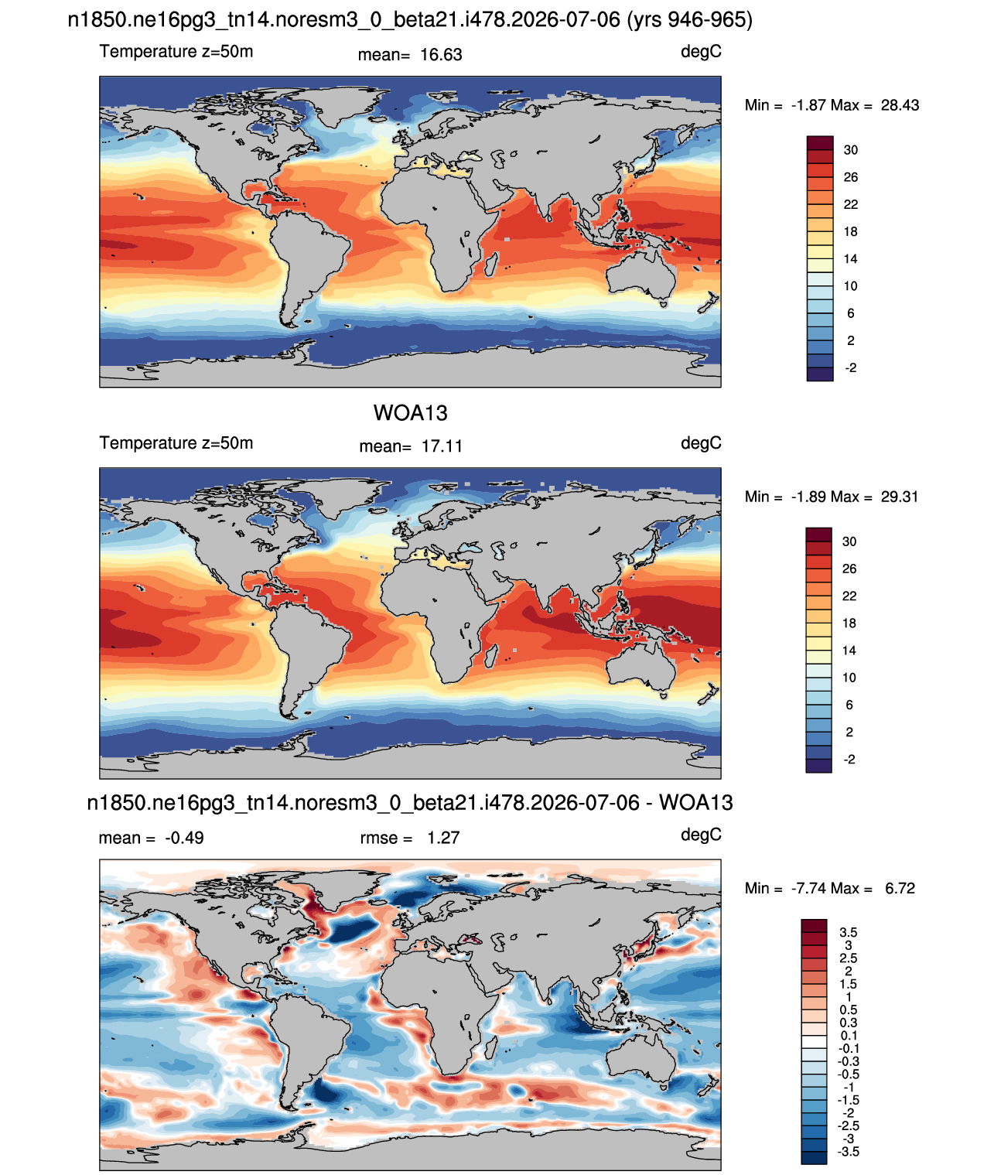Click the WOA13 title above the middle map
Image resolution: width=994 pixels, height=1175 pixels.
point(410,413)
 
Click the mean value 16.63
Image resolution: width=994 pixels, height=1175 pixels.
point(441,55)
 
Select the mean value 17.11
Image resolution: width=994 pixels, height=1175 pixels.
point(442,446)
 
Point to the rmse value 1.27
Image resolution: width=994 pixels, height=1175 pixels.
point(443,838)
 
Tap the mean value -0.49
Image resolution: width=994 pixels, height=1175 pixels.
point(184,838)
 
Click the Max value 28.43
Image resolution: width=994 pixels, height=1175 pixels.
point(900,105)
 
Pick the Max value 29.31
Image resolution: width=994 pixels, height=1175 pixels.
point(899,497)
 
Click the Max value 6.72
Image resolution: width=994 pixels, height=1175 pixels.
point(900,889)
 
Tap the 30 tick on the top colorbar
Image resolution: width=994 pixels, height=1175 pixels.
point(850,150)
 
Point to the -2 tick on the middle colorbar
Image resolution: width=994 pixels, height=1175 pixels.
point(849,760)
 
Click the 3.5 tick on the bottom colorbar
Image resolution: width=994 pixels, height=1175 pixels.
point(848,932)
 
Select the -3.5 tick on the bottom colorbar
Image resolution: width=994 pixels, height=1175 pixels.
point(848,1152)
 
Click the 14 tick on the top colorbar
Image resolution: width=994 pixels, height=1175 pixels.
point(850,259)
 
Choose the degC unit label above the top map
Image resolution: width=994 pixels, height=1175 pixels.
point(701,52)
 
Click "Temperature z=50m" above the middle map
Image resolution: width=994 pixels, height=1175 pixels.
point(176,442)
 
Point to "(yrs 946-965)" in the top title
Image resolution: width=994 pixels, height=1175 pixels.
point(689,20)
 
